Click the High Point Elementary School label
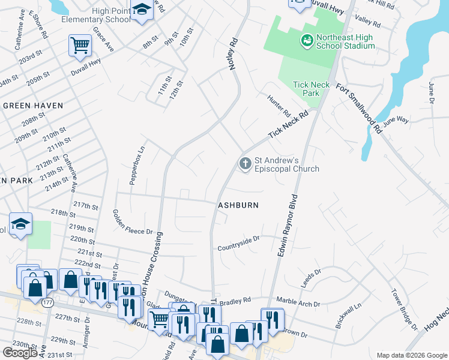95,15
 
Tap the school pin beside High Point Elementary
142,11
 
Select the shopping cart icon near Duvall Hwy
80,46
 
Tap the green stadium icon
307,41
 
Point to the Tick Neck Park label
311,89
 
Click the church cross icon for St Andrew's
245,163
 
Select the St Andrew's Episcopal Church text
287,164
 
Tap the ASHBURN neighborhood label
238,205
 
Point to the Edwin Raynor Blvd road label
287,226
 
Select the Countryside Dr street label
238,238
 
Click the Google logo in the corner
20,353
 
